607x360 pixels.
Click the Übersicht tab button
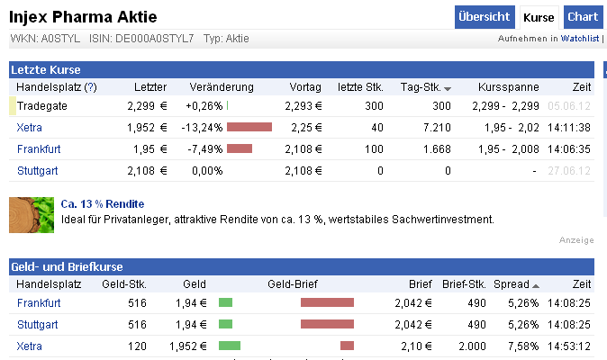(x=485, y=17)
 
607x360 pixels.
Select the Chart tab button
(x=583, y=17)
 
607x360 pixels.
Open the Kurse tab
(x=539, y=17)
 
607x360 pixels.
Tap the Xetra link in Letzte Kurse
(x=30, y=128)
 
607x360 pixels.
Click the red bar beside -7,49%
(x=240, y=149)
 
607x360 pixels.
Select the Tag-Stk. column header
(x=425, y=87)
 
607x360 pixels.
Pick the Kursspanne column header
(x=510, y=87)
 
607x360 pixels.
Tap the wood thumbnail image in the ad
(x=32, y=214)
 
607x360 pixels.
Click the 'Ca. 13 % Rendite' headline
(x=103, y=204)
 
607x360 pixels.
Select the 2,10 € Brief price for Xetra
(x=413, y=346)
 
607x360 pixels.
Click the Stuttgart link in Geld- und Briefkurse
(x=39, y=324)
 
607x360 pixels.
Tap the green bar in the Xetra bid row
(x=230, y=346)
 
